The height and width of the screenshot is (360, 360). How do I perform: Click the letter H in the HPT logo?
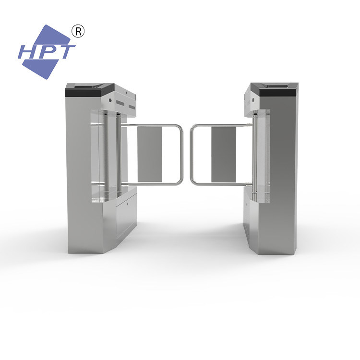(x=27, y=52)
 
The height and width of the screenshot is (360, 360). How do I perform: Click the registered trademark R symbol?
(x=78, y=32)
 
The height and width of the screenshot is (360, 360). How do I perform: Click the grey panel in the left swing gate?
(x=150, y=154)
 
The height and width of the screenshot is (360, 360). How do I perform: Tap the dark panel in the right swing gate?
(x=224, y=154)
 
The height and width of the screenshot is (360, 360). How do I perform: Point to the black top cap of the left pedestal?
(x=90, y=90)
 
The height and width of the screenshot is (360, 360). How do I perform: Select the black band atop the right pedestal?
(x=277, y=93)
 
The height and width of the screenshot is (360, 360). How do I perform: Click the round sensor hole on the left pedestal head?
(x=110, y=100)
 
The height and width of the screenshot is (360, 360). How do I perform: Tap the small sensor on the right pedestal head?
(x=253, y=100)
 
